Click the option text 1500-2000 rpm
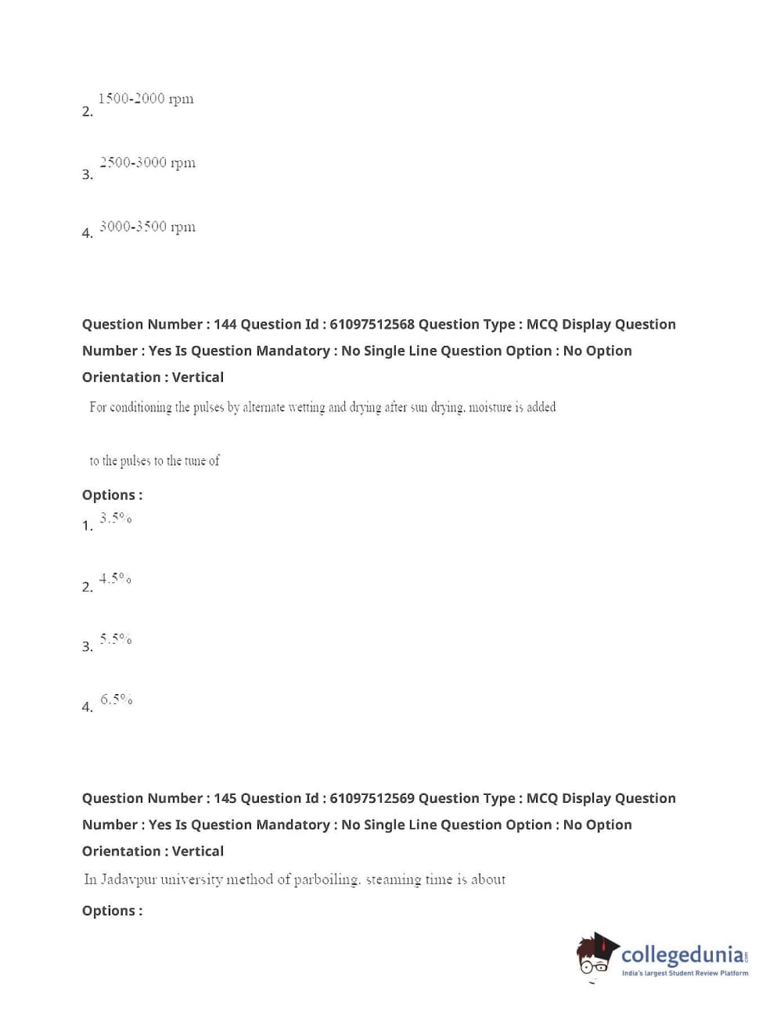point(146,99)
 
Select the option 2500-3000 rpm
point(147,164)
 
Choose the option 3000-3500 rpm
point(147,228)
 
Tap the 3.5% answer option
point(116,518)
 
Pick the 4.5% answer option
point(115,579)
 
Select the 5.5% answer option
point(116,639)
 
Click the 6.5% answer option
point(116,699)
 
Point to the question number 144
point(225,325)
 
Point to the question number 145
point(225,799)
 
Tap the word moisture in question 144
point(490,408)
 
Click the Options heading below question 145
point(112,911)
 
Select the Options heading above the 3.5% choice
point(112,495)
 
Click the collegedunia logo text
point(683,955)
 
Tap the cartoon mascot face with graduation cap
point(597,955)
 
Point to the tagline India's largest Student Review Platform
point(685,973)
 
